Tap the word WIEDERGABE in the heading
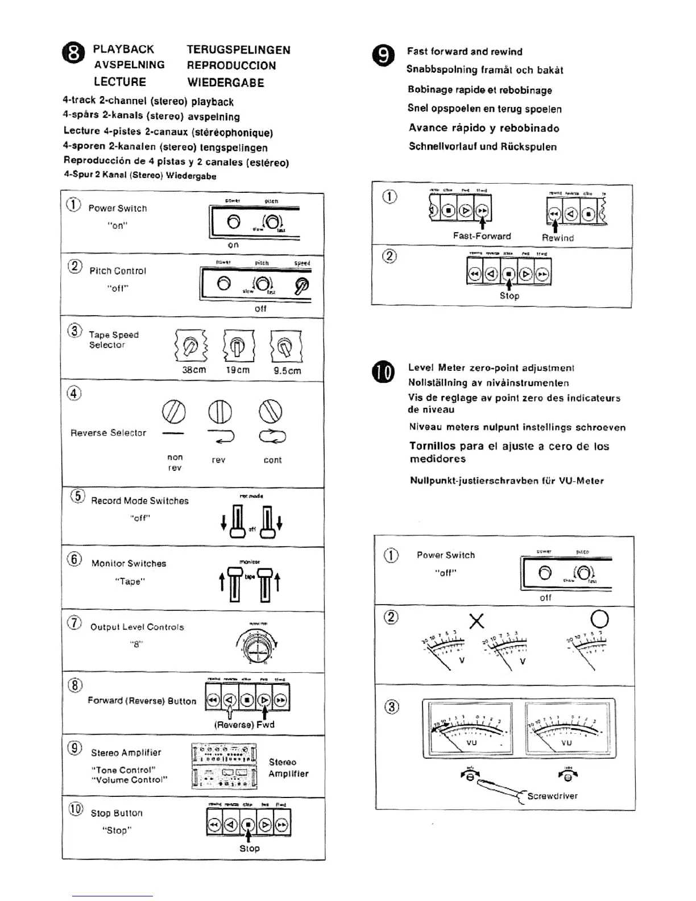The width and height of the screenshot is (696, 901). (226, 82)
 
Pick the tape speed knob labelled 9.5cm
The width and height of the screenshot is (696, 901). (287, 345)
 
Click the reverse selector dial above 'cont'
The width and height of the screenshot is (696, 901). (271, 411)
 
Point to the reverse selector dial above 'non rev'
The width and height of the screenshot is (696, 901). (174, 411)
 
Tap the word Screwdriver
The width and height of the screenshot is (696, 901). (552, 796)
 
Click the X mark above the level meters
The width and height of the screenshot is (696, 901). (477, 622)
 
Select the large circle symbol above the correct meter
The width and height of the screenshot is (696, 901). (600, 619)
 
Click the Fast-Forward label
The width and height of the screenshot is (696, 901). (482, 235)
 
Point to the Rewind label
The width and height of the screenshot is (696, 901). (557, 238)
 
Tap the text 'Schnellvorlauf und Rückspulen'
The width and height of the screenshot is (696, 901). (482, 147)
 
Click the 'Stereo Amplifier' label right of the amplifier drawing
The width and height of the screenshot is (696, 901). (288, 768)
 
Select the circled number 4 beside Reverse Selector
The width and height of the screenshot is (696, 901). (75, 393)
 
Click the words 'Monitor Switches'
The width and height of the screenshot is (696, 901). (129, 563)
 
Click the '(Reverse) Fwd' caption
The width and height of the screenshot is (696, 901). (244, 725)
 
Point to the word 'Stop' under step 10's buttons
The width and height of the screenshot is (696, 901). (249, 848)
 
